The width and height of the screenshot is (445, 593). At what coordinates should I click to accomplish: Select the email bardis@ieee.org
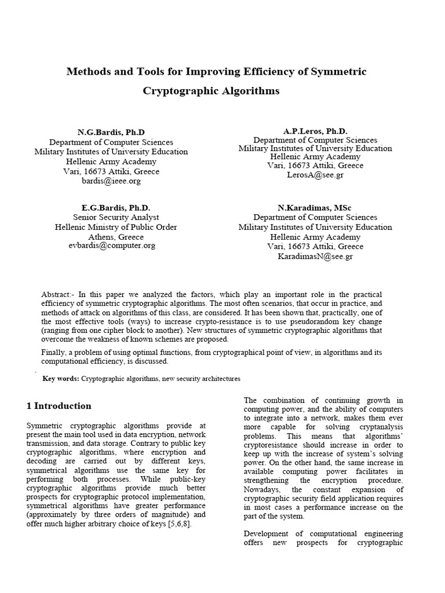[111, 181]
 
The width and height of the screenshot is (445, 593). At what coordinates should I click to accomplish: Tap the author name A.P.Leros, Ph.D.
[315, 131]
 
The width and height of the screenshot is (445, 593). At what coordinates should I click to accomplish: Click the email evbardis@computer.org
[112, 246]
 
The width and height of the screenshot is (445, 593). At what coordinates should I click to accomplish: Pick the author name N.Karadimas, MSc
[315, 207]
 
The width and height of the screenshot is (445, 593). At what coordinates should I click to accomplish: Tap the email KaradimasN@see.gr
[315, 256]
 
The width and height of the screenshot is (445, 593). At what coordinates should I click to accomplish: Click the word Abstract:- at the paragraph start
[59, 295]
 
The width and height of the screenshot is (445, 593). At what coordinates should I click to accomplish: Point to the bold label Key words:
[61, 378]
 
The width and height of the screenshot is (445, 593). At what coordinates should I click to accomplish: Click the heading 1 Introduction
[59, 406]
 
